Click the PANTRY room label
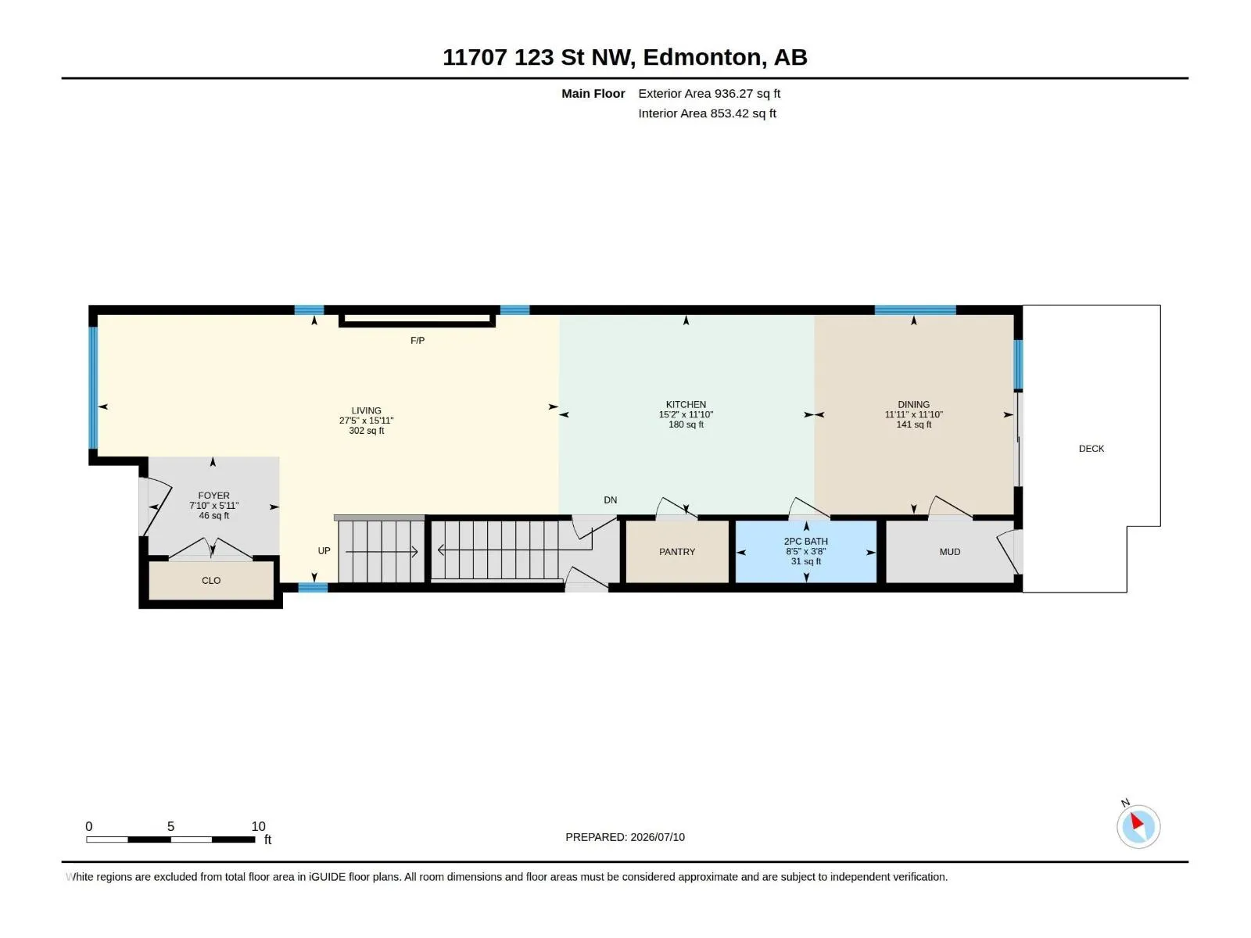pyautogui.click(x=676, y=551)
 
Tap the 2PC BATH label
pyautogui.click(x=805, y=541)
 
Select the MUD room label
pyautogui.click(x=949, y=551)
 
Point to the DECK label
pyautogui.click(x=1091, y=448)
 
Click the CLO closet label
pyautogui.click(x=211, y=580)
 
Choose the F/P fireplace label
pyautogui.click(x=418, y=340)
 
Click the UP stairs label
pyautogui.click(x=324, y=551)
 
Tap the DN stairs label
pyautogui.click(x=610, y=499)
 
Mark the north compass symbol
pyautogui.click(x=1138, y=826)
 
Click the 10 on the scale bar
pyautogui.click(x=258, y=825)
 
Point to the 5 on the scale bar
pyautogui.click(x=170, y=825)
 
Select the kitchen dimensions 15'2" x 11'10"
pyautogui.click(x=686, y=414)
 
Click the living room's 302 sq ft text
pyautogui.click(x=367, y=431)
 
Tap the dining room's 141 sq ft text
pyautogui.click(x=913, y=424)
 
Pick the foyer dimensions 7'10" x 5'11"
pyautogui.click(x=213, y=505)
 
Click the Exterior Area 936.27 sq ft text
pyautogui.click(x=708, y=93)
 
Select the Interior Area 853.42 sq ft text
pyautogui.click(x=707, y=113)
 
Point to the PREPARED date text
pyautogui.click(x=625, y=837)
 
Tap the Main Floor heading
pyautogui.click(x=593, y=93)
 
